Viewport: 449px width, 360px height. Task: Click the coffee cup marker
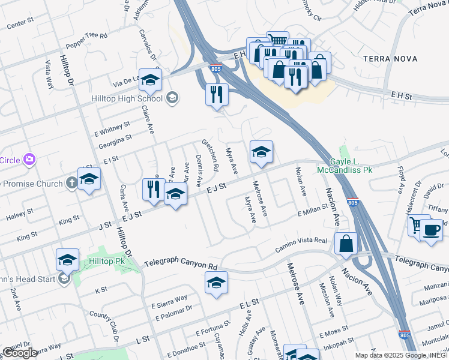[431, 230]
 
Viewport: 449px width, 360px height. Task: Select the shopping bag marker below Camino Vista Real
[346, 244]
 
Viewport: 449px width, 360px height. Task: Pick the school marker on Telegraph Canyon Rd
[216, 283]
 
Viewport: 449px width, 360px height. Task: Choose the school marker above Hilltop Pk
[68, 260]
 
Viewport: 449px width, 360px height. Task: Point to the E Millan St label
[312, 208]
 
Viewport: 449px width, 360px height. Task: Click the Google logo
[20, 353]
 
